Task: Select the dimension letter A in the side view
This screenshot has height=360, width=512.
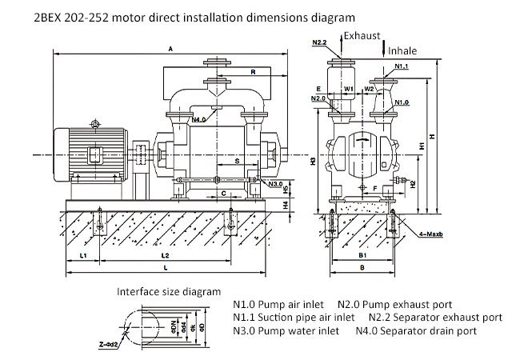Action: (x=171, y=49)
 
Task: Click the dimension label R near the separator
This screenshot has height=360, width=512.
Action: (x=253, y=72)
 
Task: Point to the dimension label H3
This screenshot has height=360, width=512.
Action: (x=314, y=162)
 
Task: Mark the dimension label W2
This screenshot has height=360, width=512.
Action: (x=370, y=89)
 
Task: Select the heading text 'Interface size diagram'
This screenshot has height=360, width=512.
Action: (x=169, y=291)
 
